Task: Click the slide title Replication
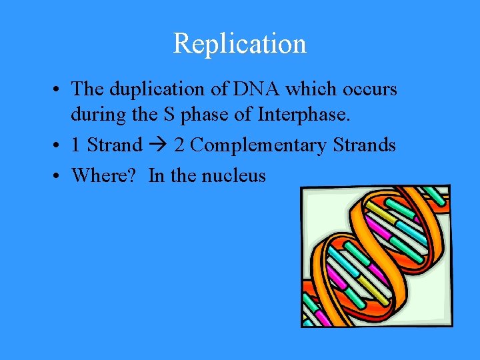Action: pos(239,44)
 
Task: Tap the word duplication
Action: pos(153,89)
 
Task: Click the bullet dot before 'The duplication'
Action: pos(59,89)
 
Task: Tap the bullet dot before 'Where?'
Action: pos(59,176)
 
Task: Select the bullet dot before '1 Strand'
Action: pos(59,145)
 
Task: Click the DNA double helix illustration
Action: pos(376,256)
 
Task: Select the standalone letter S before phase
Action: pos(169,115)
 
